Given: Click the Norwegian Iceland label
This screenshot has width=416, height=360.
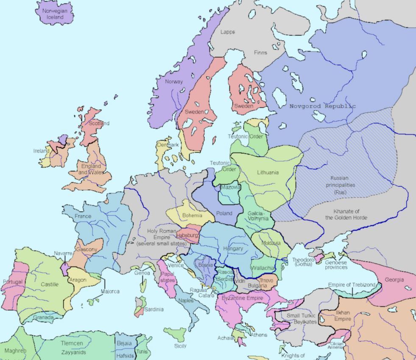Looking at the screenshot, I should coord(53,14).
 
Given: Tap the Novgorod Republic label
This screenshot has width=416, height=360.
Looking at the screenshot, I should coord(322,106).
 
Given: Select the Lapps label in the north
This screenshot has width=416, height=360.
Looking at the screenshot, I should coord(227,32).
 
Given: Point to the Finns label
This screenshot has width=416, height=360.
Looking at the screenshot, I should coord(260,53).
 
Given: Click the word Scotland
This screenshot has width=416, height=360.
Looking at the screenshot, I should coord(99,123).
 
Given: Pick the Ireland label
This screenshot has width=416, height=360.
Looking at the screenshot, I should coord(42,151).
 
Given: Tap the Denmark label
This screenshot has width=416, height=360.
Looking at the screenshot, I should coord(168,145).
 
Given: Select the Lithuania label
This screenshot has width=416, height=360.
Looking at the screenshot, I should coord(268,172).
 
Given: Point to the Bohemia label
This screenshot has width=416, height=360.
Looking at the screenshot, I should coord(192,215).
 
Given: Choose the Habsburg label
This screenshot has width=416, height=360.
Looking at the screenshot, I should coord(187,235).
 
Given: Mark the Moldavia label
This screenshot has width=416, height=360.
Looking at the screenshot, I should coord(271,243).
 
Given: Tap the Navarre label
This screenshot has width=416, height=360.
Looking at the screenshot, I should coord(63,253).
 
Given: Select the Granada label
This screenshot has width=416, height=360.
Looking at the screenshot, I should coord(43,317).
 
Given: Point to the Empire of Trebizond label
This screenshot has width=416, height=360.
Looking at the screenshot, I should coord(352,285).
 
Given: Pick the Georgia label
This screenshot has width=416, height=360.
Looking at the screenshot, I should coord(394,280).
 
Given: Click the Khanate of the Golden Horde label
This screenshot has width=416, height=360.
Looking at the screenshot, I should coord(346,214).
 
